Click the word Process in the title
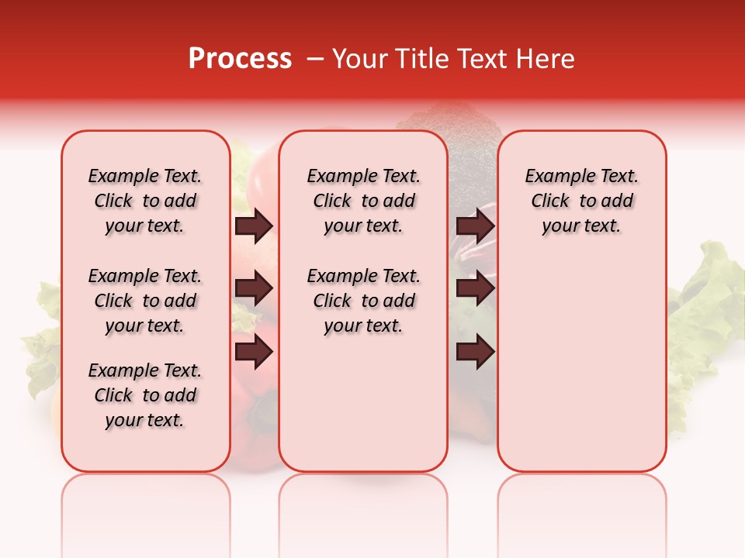(x=240, y=59)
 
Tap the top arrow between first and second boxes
(x=254, y=226)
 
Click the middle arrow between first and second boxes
(x=254, y=289)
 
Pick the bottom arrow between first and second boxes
(x=254, y=352)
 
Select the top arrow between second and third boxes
(x=475, y=226)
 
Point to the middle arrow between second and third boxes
(x=475, y=289)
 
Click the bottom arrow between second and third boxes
(x=475, y=352)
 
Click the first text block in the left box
(x=145, y=201)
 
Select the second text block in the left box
(x=145, y=301)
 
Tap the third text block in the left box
(x=145, y=395)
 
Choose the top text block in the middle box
(x=363, y=201)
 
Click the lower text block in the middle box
(x=363, y=301)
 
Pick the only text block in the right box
(x=581, y=201)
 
